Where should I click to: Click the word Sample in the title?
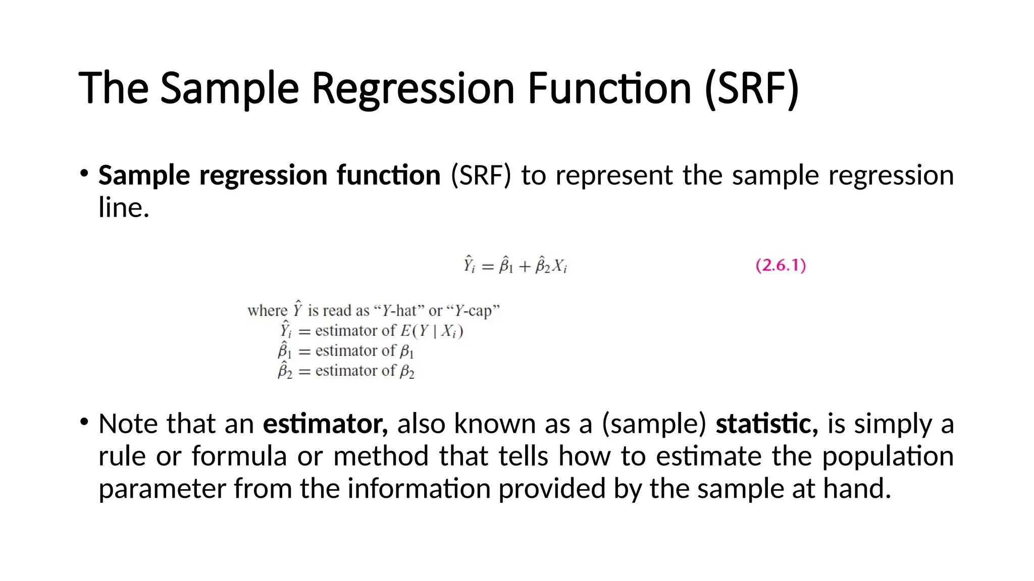[x=229, y=89]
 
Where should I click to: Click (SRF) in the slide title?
[x=751, y=89]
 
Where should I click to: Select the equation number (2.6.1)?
[x=781, y=265]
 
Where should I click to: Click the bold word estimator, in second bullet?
[x=325, y=424]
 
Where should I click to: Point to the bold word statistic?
[x=766, y=424]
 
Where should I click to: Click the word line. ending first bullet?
[x=124, y=208]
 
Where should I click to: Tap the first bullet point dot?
[x=84, y=173]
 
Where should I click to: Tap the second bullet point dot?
[x=84, y=422]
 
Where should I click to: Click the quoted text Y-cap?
[x=473, y=311]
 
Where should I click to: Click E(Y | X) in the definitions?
[x=431, y=331]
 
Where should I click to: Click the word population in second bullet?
[x=888, y=456]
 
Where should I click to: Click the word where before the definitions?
[x=267, y=311]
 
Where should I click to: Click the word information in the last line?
[x=419, y=489]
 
